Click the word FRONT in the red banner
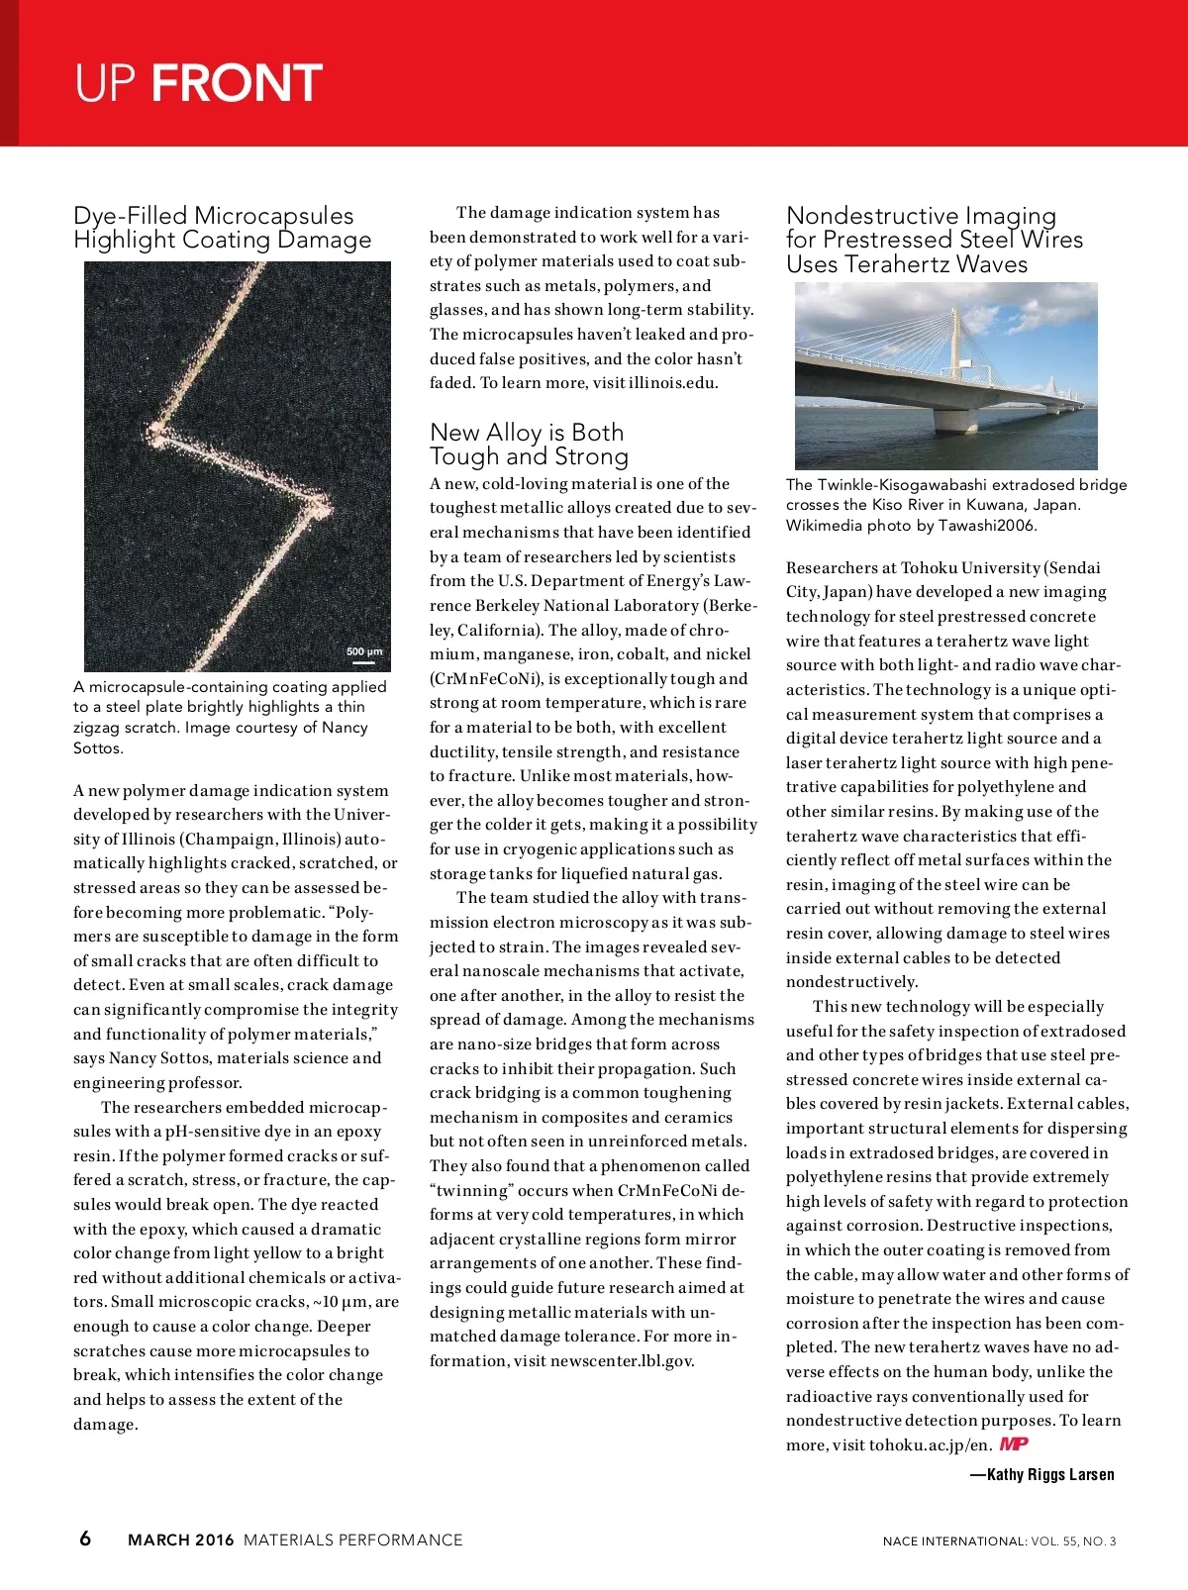[237, 83]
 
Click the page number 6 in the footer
[85, 1538]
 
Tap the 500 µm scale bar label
[364, 651]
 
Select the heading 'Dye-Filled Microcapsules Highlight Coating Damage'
[222, 228]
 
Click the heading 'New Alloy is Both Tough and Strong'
[529, 444]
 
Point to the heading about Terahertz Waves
[934, 240]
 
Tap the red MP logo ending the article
[1014, 1443]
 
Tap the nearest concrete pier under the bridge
[955, 421]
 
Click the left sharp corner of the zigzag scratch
[156, 431]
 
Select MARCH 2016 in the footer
[181, 1540]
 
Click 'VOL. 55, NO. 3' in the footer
[1073, 1541]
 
